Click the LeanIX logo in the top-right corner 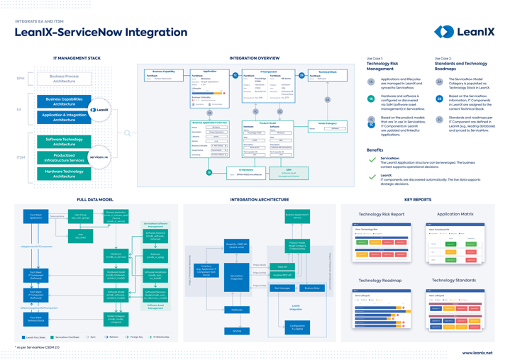point(464,31)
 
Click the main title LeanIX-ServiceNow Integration point(91,33)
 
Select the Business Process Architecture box point(64,78)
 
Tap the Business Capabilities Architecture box point(64,101)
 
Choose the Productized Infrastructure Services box point(64,157)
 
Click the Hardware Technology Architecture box point(64,174)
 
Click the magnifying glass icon point(128,133)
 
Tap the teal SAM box point(289,172)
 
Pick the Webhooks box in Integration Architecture point(237,310)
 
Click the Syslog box point(237,331)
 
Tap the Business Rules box point(312,288)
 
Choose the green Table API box point(282,267)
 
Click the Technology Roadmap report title point(382,281)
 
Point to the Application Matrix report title point(455,214)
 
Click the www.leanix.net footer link point(477,352)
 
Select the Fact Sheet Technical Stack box point(35,320)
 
